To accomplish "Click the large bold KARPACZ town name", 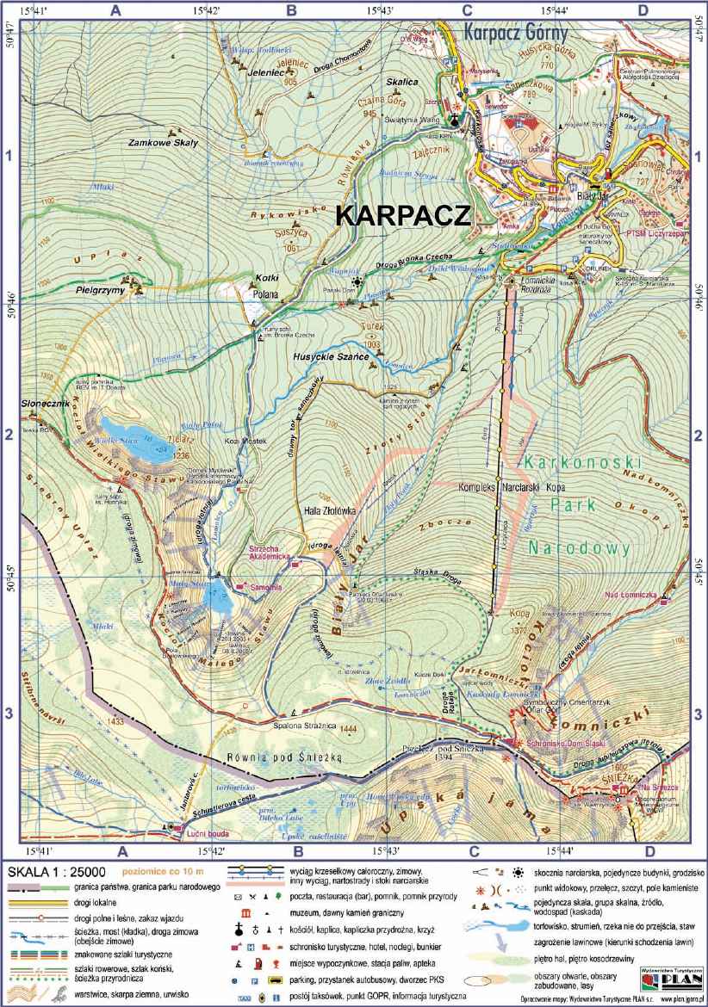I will [402, 215].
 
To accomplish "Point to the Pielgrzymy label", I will [100, 291].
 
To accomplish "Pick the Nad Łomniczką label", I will [630, 596].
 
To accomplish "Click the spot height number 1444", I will [348, 730].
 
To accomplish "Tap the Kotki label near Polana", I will [269, 278].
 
